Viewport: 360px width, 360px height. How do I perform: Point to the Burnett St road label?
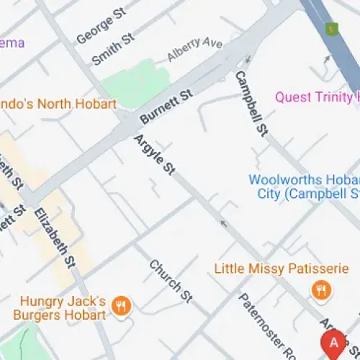(167, 106)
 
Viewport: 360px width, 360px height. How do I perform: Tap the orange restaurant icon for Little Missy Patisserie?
(320, 289)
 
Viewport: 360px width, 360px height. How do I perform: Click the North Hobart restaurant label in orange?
(58, 104)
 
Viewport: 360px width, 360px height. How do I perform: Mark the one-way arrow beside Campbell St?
(248, 60)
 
